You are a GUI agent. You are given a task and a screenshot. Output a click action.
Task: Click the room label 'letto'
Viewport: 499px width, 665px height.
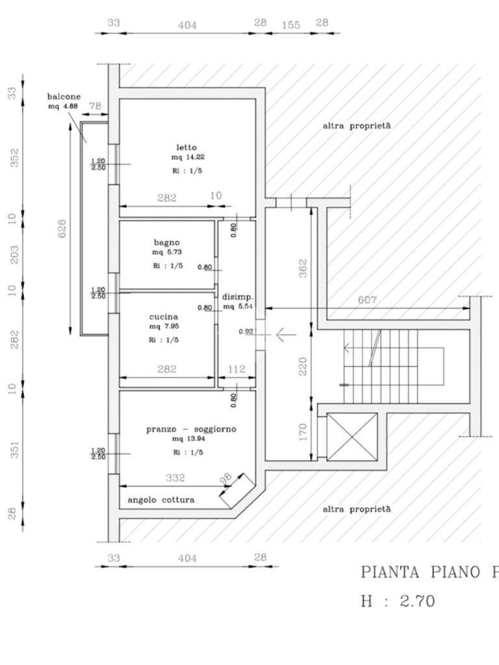186,147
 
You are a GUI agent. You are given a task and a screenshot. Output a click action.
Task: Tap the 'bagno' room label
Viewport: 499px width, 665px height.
166,242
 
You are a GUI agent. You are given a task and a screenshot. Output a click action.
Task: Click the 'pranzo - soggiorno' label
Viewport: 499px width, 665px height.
191,429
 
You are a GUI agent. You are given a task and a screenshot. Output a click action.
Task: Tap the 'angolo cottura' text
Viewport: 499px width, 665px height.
160,500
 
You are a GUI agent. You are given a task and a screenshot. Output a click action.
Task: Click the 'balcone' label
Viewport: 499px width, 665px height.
64,97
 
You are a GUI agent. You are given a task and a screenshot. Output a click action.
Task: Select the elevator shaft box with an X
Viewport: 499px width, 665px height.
352,436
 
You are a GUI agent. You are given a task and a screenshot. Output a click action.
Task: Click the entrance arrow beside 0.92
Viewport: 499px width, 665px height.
285,335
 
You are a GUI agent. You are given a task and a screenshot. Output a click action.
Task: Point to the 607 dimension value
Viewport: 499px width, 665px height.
367,300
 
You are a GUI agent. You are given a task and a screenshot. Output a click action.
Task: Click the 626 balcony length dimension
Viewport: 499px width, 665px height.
62,229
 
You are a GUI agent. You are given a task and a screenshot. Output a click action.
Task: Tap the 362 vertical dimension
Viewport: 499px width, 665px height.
303,268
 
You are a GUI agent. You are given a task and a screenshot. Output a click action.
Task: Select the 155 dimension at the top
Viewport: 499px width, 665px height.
291,25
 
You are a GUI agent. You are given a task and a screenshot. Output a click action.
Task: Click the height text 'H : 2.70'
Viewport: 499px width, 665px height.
398,601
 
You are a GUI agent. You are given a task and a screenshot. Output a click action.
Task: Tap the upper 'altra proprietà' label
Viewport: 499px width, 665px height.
357,126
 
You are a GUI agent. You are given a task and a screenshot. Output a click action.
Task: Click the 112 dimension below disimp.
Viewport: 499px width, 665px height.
236,370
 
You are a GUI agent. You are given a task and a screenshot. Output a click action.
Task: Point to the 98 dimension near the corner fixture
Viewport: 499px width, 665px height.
226,479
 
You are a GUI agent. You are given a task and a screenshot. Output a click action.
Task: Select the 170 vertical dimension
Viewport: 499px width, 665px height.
303,433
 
